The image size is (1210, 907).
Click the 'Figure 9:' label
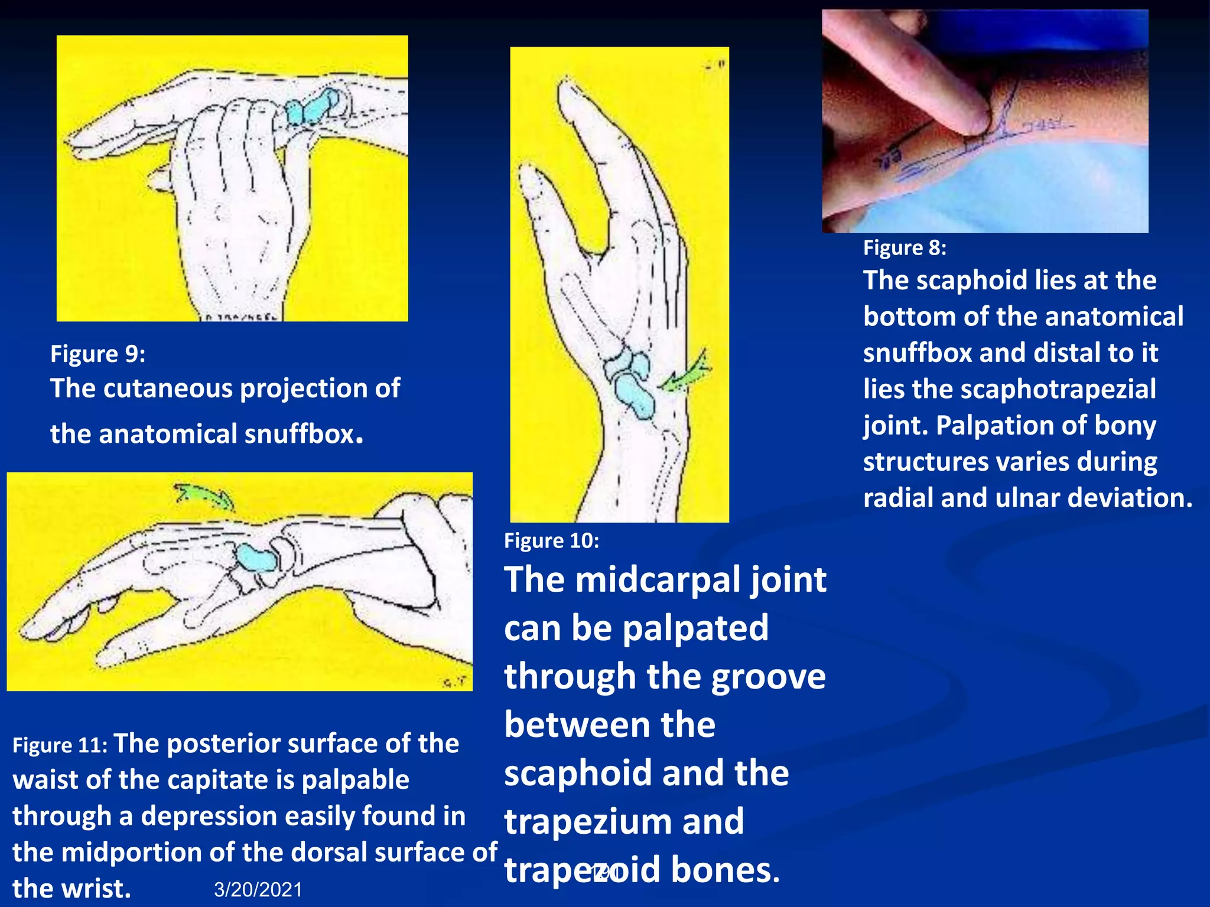point(97,354)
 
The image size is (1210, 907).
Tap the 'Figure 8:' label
point(904,247)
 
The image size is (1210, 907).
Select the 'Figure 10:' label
point(551,540)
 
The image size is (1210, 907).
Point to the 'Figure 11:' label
point(60,745)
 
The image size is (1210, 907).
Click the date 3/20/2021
point(258,889)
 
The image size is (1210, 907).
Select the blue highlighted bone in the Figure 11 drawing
point(256,557)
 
